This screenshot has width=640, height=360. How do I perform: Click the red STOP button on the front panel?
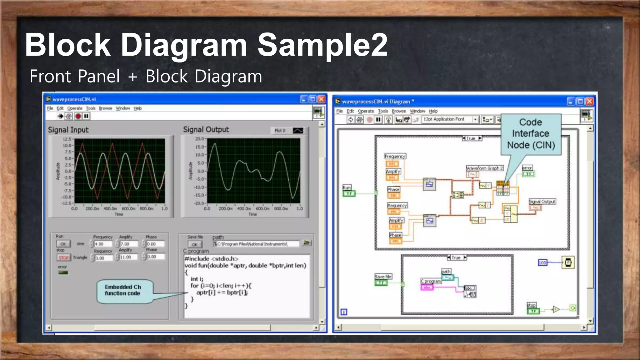coord(63,257)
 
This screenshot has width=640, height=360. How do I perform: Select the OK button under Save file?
coord(195,244)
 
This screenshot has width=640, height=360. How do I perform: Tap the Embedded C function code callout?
coord(122,290)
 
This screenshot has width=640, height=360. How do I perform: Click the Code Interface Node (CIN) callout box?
coord(531,134)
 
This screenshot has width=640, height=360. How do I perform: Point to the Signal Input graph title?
coord(68,130)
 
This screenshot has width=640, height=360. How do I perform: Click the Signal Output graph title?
coord(206,129)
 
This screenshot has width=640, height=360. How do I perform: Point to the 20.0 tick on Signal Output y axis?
coord(199,139)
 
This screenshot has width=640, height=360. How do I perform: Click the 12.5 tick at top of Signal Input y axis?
coord(67,139)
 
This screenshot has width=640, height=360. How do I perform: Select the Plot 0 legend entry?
coord(280,131)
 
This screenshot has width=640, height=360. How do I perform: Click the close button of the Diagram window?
coord(589,101)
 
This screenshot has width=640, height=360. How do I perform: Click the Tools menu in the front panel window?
coord(91,108)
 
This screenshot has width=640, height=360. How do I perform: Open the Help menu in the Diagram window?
coord(433,111)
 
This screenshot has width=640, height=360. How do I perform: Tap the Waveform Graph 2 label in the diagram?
coord(485,168)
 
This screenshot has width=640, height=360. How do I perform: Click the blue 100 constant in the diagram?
coord(542,262)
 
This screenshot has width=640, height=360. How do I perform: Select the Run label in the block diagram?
coord(347,187)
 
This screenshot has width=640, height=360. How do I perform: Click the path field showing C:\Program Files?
coord(256,244)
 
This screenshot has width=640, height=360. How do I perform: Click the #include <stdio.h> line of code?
coord(212,259)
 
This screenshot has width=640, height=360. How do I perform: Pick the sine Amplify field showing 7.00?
coord(128,244)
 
